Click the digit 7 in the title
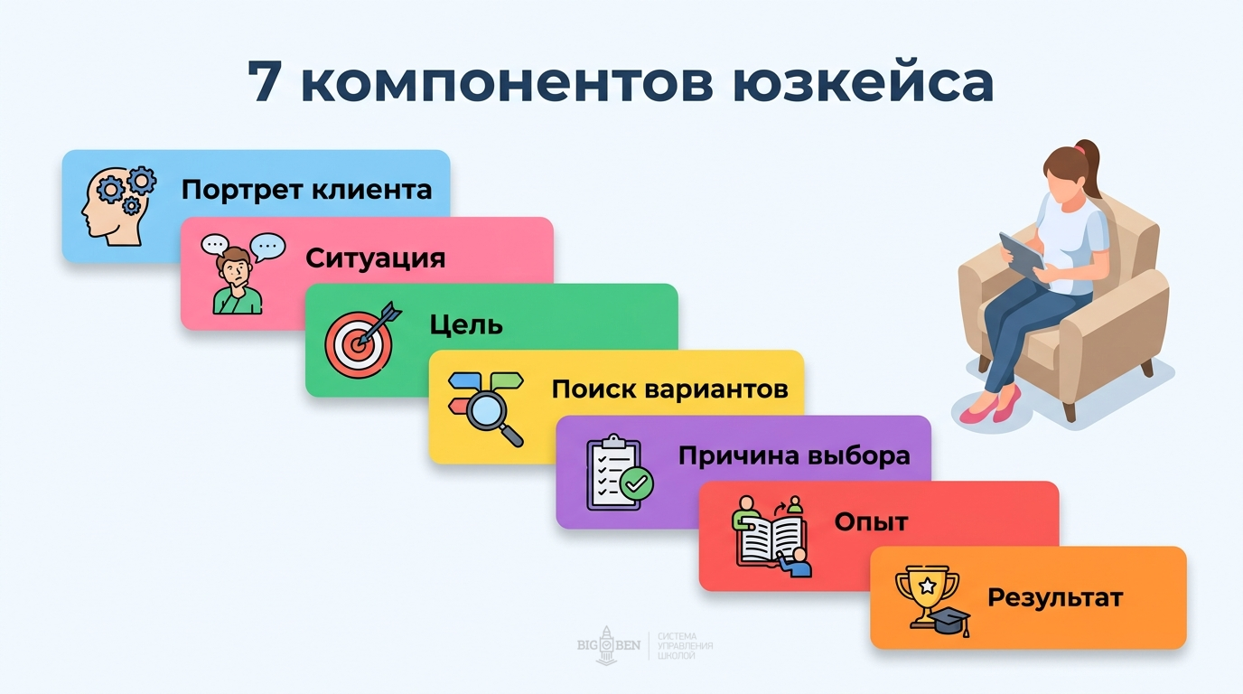[x=265, y=82]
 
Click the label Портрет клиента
[x=306, y=191]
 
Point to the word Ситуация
[x=375, y=258]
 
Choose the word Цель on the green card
[x=466, y=324]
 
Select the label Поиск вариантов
[x=669, y=389]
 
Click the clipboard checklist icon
[x=618, y=474]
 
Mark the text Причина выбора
[x=794, y=455]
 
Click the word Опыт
[x=871, y=521]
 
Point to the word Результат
[x=1054, y=597]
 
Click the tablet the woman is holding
[x=1022, y=255]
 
